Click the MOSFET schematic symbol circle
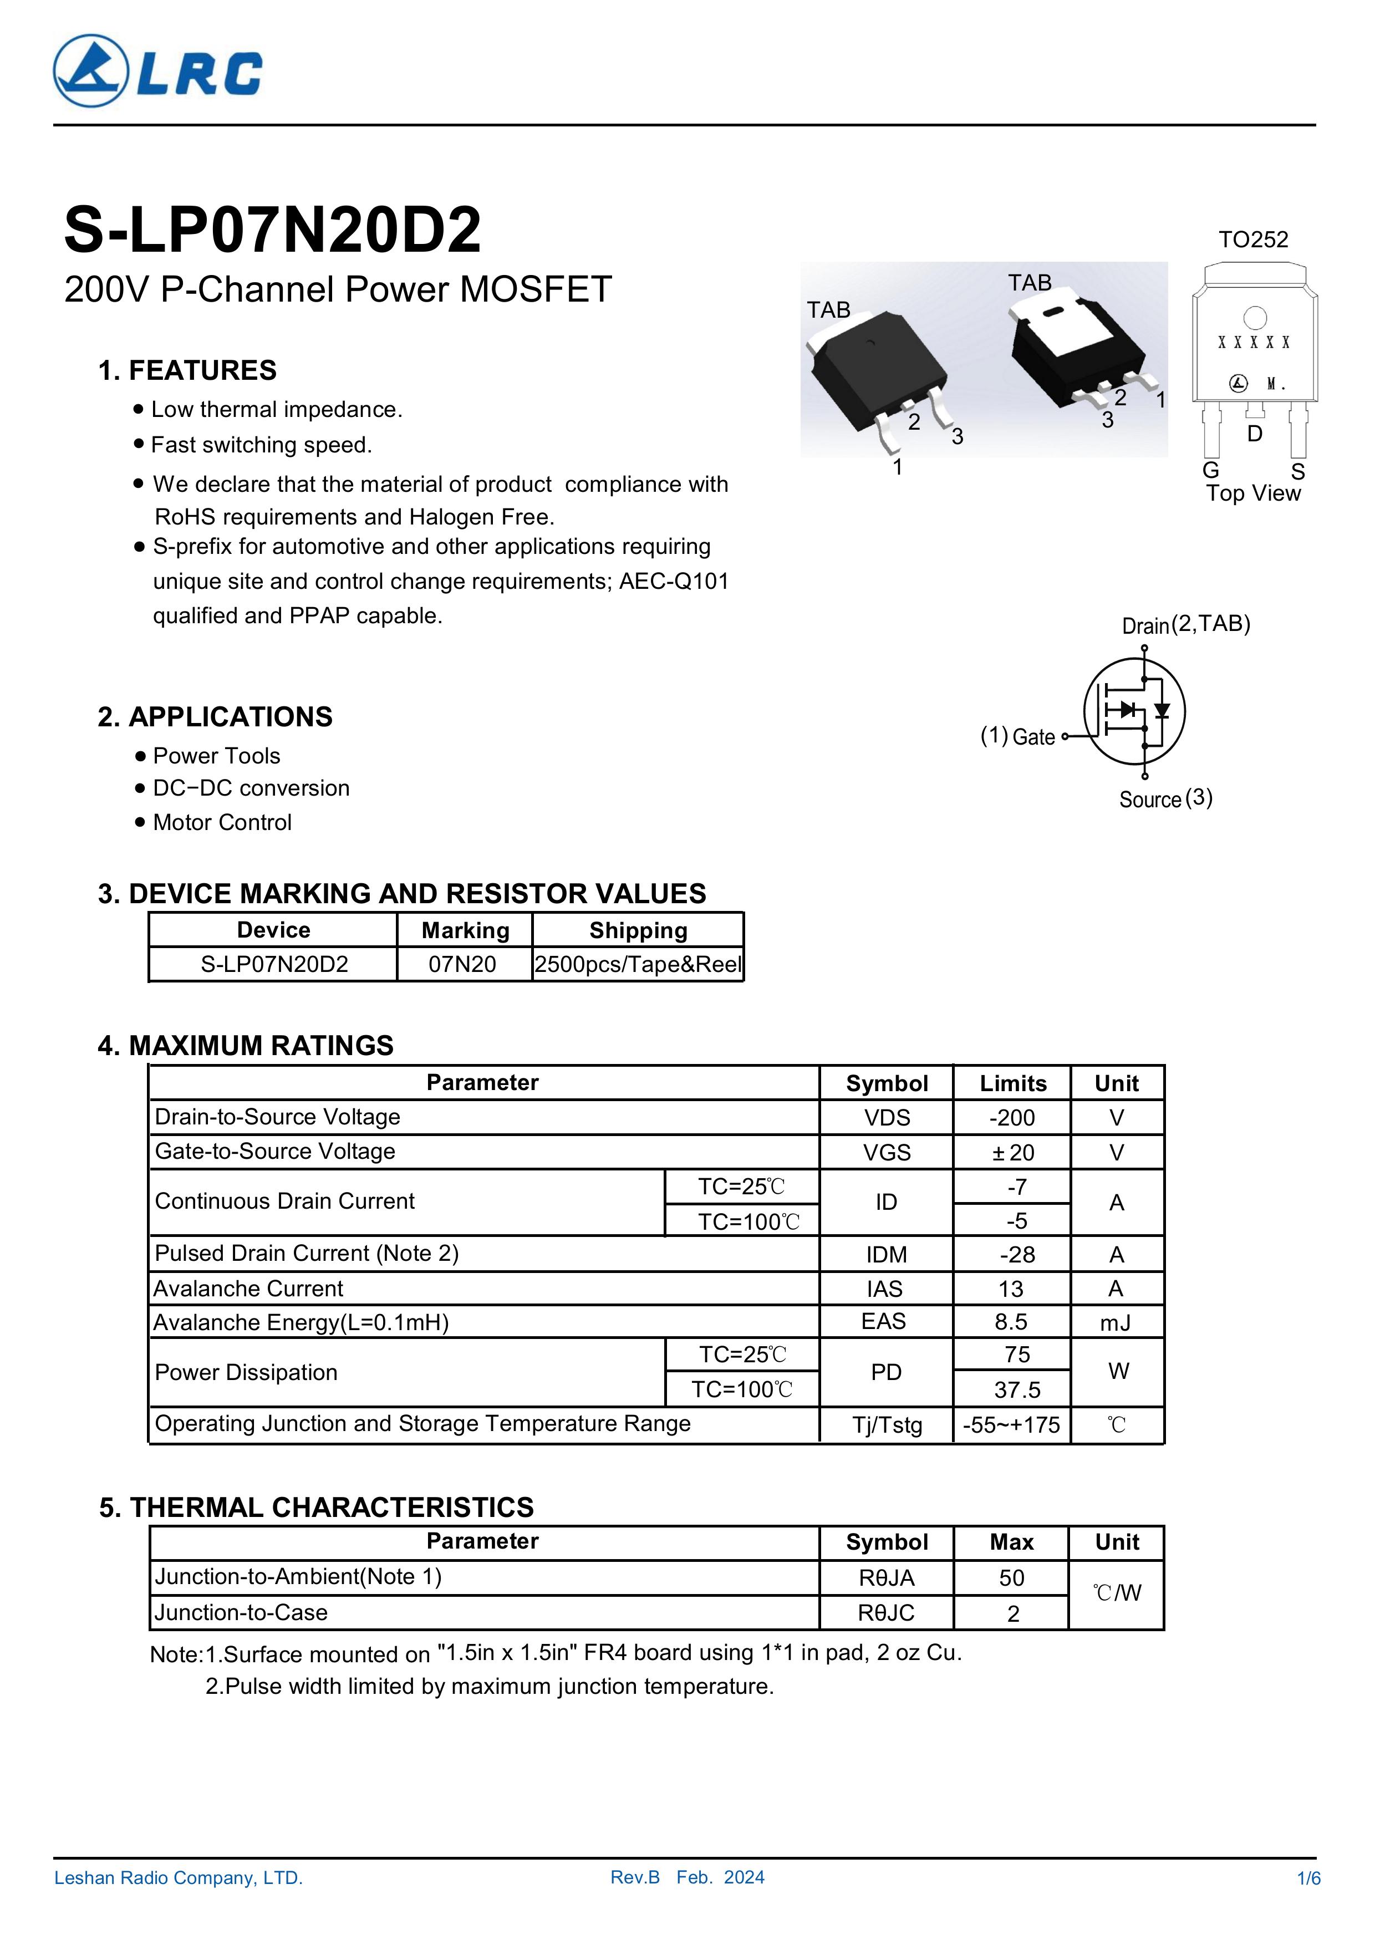tap(1134, 711)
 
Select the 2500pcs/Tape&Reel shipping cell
tap(638, 964)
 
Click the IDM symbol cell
tap(886, 1255)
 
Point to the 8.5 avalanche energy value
tap(1011, 1321)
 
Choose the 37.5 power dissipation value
tap(1017, 1389)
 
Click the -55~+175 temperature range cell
tap(1011, 1425)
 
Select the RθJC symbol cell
tap(886, 1612)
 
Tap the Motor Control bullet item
tap(222, 823)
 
